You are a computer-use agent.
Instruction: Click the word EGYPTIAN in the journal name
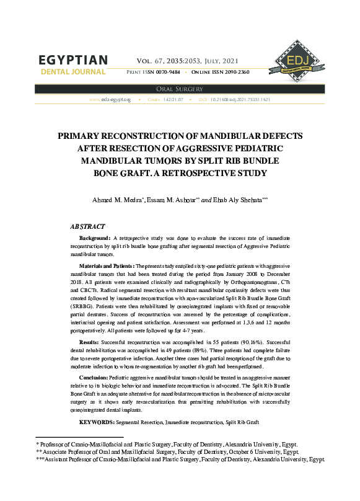(73, 61)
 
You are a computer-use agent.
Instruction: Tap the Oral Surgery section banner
(180, 89)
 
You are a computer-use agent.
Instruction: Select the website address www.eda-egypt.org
(110, 99)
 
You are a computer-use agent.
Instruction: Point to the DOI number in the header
(239, 99)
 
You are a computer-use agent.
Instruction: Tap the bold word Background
(95, 238)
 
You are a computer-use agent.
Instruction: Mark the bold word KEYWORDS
(97, 422)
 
